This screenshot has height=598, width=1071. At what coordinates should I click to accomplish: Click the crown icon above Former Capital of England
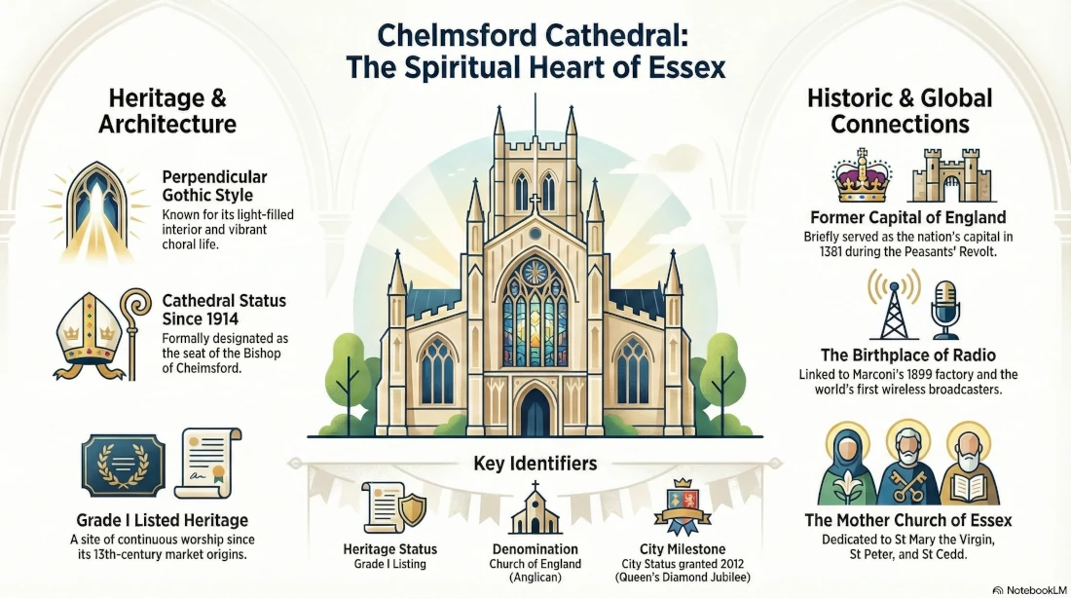point(862,175)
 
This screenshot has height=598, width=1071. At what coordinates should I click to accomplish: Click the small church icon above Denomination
point(535,509)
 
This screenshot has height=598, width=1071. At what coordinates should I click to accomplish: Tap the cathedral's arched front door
point(535,413)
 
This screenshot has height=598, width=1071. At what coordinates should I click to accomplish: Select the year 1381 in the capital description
point(822,252)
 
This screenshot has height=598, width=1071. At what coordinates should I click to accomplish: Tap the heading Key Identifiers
point(535,464)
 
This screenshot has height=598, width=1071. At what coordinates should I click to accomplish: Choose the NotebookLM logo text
point(1032,588)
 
